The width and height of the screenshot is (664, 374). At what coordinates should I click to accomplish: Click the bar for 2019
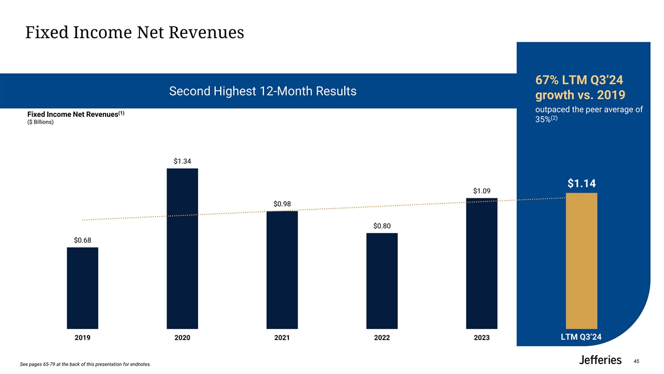(x=82, y=288)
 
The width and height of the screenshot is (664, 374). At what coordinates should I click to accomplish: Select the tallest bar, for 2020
(x=182, y=249)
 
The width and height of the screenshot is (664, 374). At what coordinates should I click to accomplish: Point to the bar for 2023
(x=481, y=264)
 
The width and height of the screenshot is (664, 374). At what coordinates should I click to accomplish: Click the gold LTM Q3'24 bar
(x=581, y=261)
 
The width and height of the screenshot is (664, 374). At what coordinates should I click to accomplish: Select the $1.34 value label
(x=182, y=161)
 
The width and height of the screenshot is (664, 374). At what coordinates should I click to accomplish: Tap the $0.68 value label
(x=82, y=240)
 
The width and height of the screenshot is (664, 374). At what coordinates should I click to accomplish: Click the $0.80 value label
(x=382, y=226)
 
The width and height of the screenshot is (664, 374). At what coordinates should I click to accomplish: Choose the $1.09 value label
(x=481, y=191)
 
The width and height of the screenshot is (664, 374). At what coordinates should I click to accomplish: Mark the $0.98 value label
(x=282, y=204)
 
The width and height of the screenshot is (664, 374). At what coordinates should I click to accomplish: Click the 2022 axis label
(x=382, y=337)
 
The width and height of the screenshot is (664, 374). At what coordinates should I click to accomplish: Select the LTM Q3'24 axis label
(x=581, y=337)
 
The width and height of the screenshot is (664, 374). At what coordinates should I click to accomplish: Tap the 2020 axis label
(x=182, y=337)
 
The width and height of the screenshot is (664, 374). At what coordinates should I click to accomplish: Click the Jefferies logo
(x=600, y=360)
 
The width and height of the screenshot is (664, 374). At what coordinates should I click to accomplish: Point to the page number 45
(x=636, y=361)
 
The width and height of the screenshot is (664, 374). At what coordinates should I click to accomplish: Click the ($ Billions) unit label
(x=40, y=122)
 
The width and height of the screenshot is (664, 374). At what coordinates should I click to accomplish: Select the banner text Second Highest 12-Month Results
(x=263, y=91)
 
